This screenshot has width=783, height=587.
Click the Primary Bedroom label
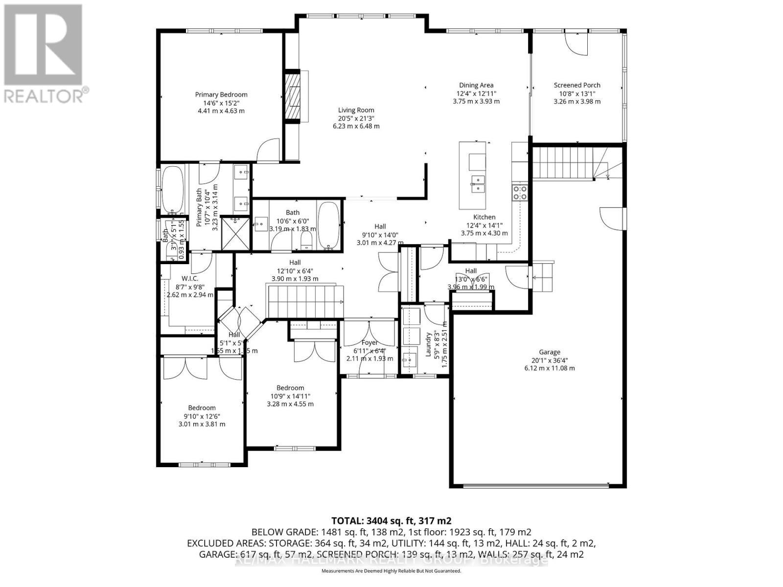221,95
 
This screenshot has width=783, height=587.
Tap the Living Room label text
356,110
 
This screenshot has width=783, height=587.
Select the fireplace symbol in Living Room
293,96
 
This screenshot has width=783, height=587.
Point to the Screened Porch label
577,85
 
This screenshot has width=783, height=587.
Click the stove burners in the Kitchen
520,193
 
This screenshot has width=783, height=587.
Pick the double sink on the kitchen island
477,184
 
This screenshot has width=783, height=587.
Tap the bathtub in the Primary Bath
172,190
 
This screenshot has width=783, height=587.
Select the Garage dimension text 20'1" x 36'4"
550,360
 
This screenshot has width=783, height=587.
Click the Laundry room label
428,344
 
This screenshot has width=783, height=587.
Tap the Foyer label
369,342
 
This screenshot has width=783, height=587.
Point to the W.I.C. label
190,278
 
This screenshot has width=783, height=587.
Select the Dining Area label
476,85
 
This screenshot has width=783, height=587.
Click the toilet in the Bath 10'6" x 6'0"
306,239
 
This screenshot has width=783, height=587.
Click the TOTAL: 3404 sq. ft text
391,520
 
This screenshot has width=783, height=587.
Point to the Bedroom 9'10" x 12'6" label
202,408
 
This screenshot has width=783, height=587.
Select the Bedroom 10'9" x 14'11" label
290,388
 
